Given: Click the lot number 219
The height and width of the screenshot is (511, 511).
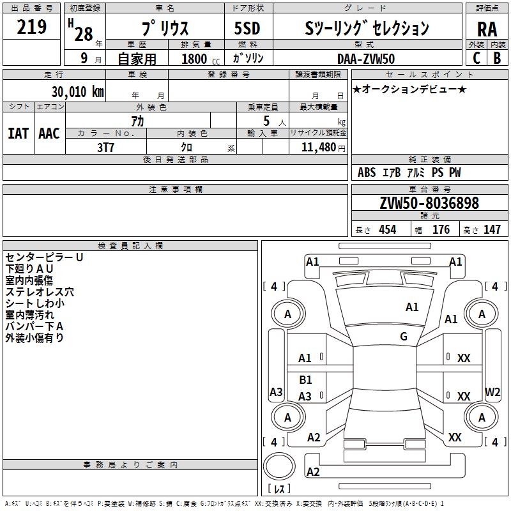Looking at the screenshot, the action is pos(31,27).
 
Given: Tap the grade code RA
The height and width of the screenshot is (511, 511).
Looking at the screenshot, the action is pos(487,29).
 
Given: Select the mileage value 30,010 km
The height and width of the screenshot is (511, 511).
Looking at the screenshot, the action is pos(77,92).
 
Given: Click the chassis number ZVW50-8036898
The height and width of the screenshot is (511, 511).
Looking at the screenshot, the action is pos(429,203).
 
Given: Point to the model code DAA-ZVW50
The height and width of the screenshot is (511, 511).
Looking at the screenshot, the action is pos(365,59).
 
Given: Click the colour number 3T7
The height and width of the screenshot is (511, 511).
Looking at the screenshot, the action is pos(105,148).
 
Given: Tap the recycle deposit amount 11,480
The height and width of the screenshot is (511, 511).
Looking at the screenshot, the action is pos(318,148).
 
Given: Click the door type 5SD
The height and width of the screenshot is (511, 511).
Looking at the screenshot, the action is pos(247,28).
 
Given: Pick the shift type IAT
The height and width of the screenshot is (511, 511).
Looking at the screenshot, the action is pos(19,133).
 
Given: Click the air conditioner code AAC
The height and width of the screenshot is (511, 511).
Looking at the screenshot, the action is pos(49,133).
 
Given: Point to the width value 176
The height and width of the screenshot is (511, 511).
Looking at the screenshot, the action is pos(441,229).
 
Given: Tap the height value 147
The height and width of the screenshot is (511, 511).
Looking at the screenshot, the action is pos(492,229).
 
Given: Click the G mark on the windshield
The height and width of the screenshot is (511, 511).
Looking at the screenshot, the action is pos(404,337).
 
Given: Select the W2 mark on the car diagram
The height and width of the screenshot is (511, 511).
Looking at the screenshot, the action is pos(492,392).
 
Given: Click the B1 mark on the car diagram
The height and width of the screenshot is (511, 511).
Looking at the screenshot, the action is pos(305,379).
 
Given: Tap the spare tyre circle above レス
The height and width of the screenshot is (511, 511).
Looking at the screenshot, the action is pos(279,466).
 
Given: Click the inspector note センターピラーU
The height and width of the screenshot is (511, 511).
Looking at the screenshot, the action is pos(44,257).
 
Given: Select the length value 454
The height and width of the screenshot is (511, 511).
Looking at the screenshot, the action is pos(388,229).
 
